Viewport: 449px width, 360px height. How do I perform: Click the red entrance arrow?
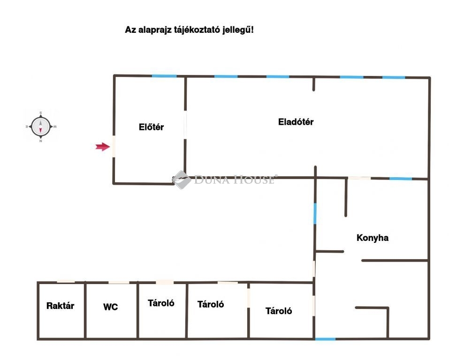(102, 147)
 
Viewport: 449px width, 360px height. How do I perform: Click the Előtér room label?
(151, 127)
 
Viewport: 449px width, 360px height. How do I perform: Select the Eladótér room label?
(296, 122)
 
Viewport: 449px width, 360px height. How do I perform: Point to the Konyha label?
(373, 238)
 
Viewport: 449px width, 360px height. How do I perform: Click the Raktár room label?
(60, 306)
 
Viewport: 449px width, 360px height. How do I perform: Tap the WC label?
(111, 307)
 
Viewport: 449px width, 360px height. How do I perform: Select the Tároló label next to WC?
(161, 303)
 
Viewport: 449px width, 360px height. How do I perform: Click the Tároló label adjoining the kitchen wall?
(279, 311)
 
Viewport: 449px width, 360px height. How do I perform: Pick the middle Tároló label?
(211, 304)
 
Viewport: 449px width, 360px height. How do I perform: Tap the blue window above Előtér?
(164, 76)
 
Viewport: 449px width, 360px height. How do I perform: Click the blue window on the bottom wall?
(325, 338)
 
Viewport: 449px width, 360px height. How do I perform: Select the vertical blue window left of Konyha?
(315, 213)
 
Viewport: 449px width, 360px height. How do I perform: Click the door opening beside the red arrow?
(114, 147)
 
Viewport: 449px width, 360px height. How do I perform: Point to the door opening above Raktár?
(66, 282)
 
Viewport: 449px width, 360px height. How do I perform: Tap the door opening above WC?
(119, 282)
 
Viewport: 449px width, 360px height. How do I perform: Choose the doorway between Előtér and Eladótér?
(185, 125)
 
